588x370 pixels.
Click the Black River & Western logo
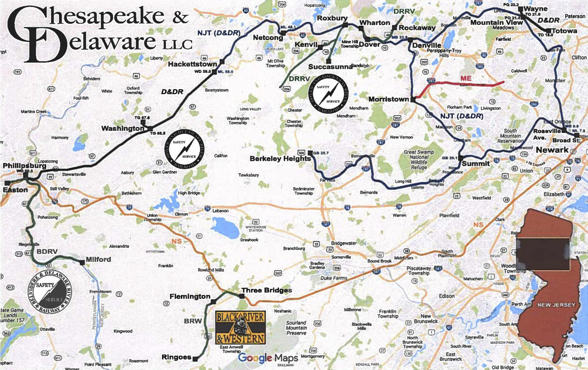[240, 327]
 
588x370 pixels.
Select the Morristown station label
[388, 99]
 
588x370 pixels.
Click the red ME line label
[466, 78]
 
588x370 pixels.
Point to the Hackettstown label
[192, 64]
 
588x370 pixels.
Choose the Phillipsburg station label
[24, 166]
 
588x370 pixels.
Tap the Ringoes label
[176, 357]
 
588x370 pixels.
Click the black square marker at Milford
[82, 262]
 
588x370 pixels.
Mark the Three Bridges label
[267, 290]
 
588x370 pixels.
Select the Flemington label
[190, 296]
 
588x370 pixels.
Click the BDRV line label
[47, 252]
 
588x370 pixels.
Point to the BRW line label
[193, 321]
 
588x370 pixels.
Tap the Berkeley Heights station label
[280, 159]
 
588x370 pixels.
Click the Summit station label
[475, 164]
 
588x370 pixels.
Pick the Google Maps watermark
[268, 358]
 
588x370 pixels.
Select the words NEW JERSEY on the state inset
[556, 305]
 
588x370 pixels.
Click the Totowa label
[564, 31]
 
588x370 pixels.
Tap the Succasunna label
[330, 67]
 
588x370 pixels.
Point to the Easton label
[15, 190]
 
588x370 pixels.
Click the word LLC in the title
[177, 45]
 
